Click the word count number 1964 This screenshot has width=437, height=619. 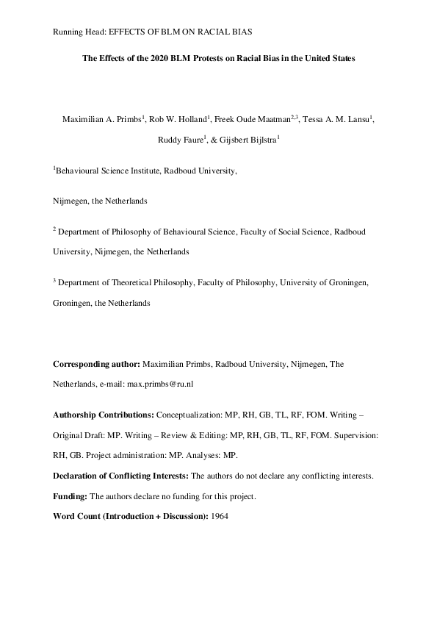[220, 516]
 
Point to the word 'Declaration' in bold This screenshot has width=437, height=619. [77, 476]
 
